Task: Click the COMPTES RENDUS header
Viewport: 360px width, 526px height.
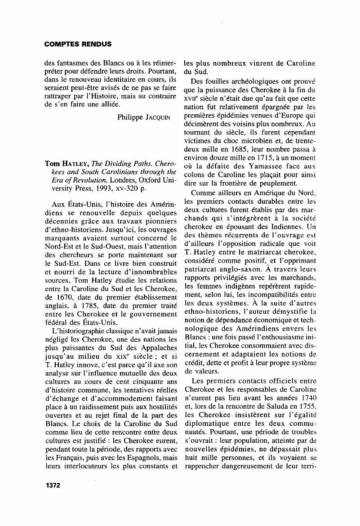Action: coord(78,45)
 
